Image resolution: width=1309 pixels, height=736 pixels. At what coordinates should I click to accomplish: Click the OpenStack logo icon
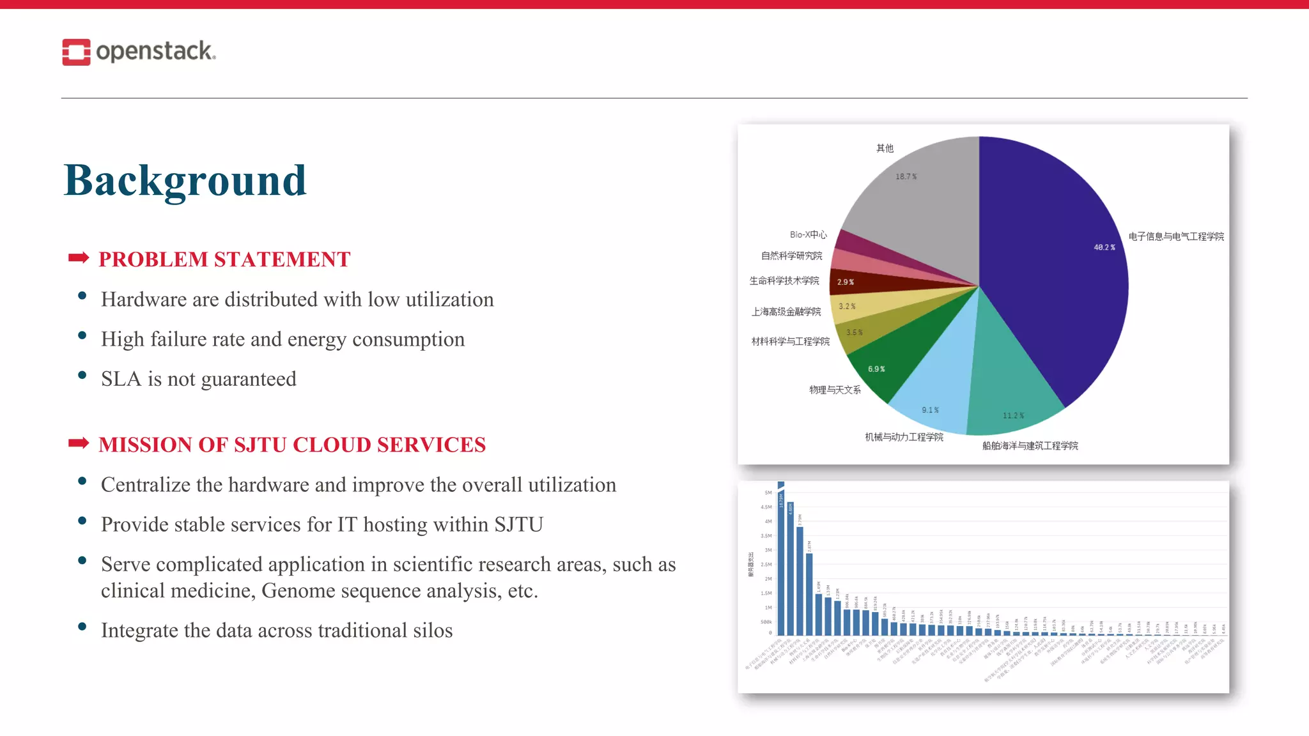[76, 52]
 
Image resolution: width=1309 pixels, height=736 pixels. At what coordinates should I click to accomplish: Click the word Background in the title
[185, 180]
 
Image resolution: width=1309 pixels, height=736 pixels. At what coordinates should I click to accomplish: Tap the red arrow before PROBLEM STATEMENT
[79, 258]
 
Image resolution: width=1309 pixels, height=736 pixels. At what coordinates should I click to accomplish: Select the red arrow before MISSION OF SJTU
[79, 443]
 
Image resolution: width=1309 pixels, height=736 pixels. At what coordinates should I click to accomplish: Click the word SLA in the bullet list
[121, 379]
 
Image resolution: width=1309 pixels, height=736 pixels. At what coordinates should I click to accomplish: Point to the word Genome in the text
[298, 591]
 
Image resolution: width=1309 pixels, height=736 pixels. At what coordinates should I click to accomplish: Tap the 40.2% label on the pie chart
[1104, 247]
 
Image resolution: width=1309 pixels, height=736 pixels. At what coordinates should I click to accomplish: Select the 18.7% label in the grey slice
[906, 177]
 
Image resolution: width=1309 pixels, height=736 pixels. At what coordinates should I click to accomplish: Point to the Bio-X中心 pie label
[808, 234]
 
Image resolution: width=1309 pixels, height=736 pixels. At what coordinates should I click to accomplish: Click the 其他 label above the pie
[885, 148]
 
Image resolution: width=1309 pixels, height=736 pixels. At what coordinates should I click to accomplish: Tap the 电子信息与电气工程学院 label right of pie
[1175, 236]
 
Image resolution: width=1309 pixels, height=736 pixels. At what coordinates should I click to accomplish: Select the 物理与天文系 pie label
[835, 390]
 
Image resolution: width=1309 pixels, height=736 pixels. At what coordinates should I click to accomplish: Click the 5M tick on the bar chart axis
[768, 493]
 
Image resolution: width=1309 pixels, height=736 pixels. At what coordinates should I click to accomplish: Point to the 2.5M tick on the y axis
[766, 565]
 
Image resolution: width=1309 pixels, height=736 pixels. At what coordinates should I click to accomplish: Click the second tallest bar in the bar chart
[791, 569]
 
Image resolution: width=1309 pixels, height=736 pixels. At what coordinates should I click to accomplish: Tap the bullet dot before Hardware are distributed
[82, 295]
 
